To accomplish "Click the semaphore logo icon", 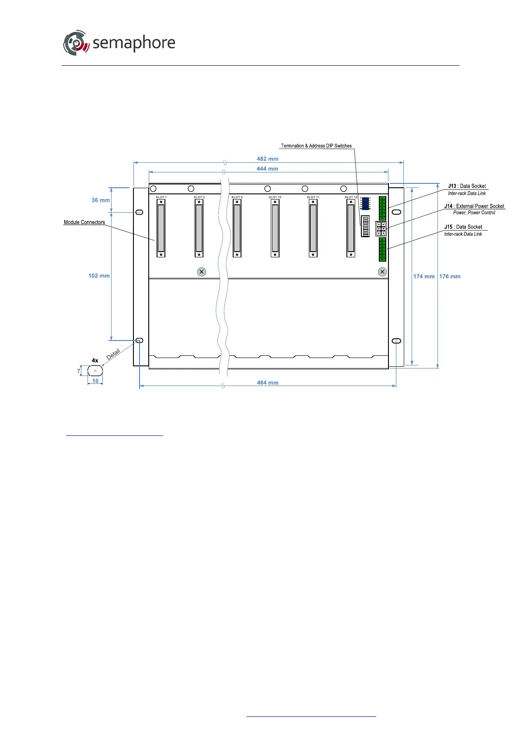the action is coord(76,43).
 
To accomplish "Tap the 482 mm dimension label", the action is coord(267,159).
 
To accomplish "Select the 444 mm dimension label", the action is coord(267,169).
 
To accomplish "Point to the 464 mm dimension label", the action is coord(267,383).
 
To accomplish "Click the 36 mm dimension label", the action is coord(101,200).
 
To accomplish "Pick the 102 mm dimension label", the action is coord(99,276).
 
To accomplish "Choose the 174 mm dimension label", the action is coord(423,277).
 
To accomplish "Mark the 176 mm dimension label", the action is coord(450,277).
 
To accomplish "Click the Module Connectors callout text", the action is coord(84,222).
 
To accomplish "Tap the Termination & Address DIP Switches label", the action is coord(316,146).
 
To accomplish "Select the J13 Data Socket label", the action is coord(467,186).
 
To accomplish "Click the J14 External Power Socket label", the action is coord(474,206).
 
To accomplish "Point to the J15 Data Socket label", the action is coord(463,227).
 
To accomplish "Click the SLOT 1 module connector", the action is coord(161,228).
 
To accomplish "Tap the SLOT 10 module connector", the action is coord(275,228).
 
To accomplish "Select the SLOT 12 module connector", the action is coord(351,228).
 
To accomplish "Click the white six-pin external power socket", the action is coord(381,229).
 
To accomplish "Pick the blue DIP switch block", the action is coord(366,204).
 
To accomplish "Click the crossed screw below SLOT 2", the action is coord(201,272).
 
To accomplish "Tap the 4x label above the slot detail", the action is coord(95,361).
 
